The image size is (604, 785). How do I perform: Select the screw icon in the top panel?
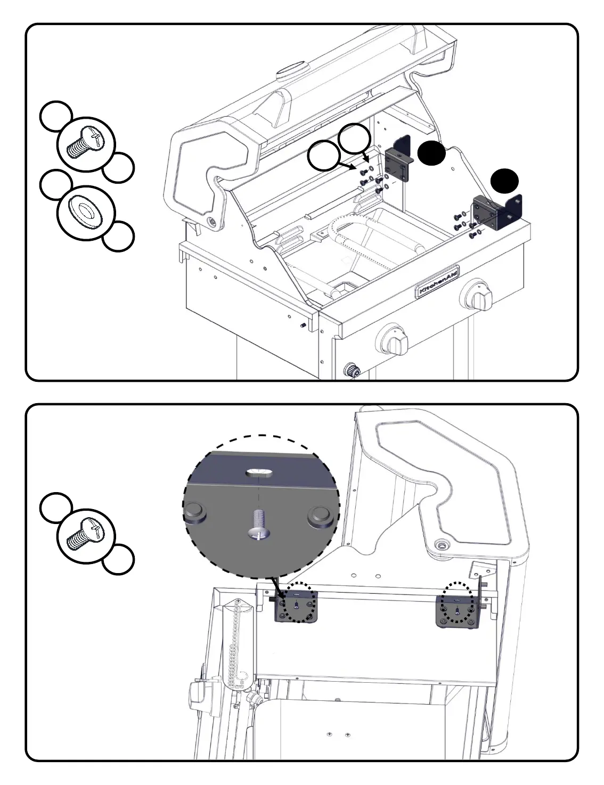pyautogui.click(x=85, y=144)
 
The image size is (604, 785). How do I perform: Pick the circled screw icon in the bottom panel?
pyautogui.click(x=85, y=534)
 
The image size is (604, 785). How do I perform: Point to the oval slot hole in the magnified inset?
pyautogui.click(x=259, y=472)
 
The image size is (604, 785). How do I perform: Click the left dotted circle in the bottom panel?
pyautogui.click(x=298, y=602)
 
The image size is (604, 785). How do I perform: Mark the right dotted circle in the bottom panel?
pyautogui.click(x=459, y=602)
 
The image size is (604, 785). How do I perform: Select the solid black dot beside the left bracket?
pyautogui.click(x=431, y=154)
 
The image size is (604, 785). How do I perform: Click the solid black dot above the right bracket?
pyautogui.click(x=504, y=182)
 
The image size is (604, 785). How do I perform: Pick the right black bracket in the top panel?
pyautogui.click(x=497, y=212)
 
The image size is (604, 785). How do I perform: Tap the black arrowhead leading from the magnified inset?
pyautogui.click(x=280, y=594)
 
